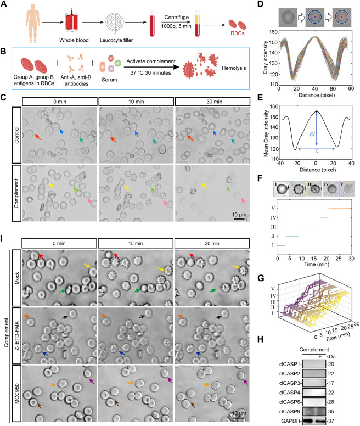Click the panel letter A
coord(4,5)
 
